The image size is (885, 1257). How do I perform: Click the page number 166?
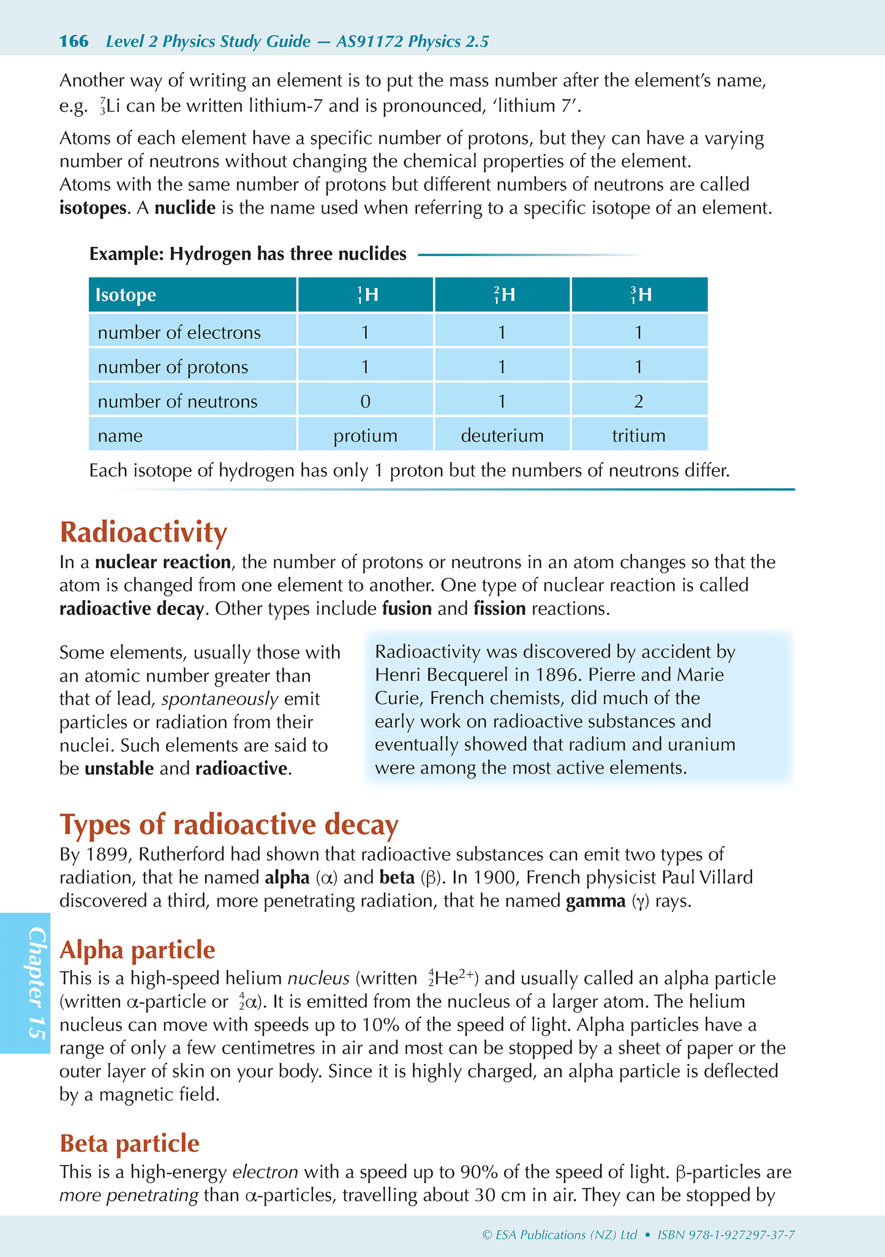click(x=73, y=42)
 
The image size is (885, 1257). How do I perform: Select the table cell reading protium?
click(x=365, y=436)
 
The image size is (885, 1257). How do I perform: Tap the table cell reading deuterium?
click(x=502, y=436)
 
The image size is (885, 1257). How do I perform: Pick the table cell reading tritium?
click(x=638, y=436)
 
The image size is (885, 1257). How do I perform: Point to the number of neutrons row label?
click(x=178, y=401)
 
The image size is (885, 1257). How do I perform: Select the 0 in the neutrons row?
click(x=365, y=401)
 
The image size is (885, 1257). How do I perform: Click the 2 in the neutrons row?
click(x=638, y=401)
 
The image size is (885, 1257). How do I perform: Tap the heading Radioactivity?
click(x=143, y=532)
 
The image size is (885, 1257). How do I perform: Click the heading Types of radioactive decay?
click(x=229, y=825)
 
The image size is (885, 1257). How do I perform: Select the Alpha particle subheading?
click(x=137, y=949)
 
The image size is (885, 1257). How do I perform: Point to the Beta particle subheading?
click(x=129, y=1143)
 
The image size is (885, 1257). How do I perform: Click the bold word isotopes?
click(x=92, y=208)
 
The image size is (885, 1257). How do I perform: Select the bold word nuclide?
click(x=184, y=208)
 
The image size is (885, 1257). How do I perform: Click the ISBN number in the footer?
click(x=726, y=1235)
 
